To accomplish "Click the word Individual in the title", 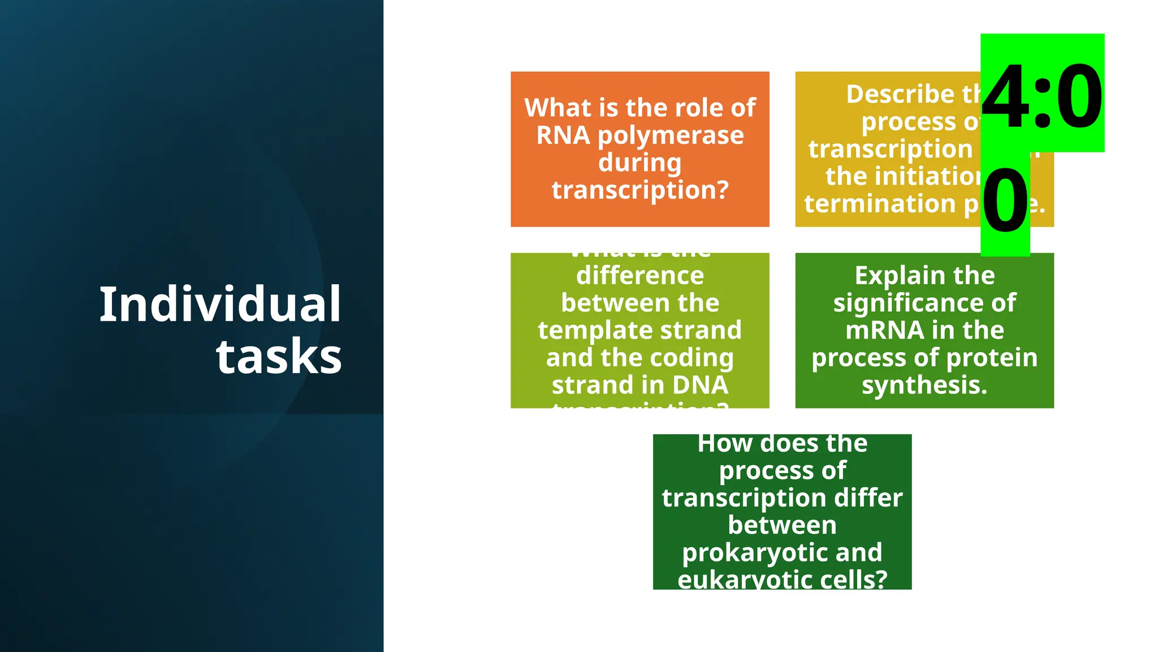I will (x=220, y=305).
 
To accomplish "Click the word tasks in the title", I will (x=279, y=357).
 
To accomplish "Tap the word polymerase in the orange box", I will (x=671, y=136).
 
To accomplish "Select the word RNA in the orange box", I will (x=563, y=136).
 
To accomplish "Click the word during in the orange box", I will (x=640, y=163).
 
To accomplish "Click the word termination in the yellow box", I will (x=880, y=204).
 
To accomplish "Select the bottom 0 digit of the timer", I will (x=1005, y=201).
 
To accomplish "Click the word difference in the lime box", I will (x=640, y=276).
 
